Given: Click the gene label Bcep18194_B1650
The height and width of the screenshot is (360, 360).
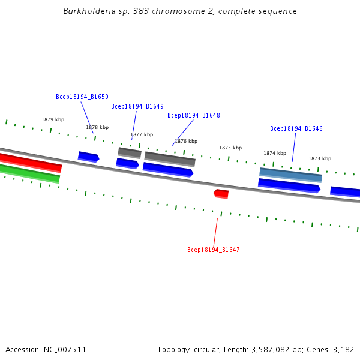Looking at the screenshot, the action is click(82, 97).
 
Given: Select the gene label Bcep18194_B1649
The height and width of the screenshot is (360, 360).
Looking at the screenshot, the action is click(137, 107).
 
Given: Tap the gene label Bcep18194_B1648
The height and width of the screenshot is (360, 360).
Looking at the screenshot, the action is click(194, 115).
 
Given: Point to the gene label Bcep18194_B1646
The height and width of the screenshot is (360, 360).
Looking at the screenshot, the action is click(296, 129).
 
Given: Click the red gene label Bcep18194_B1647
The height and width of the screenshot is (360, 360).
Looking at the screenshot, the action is click(214, 250).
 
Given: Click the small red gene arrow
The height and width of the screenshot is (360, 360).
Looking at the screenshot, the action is click(221, 193).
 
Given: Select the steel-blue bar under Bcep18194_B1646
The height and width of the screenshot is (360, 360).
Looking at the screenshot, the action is click(291, 175).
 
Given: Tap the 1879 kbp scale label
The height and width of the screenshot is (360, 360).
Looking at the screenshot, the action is click(53, 119).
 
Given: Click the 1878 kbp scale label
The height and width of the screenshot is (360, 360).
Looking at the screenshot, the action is click(97, 127).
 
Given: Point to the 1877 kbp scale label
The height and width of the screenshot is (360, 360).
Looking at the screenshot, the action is click(142, 134).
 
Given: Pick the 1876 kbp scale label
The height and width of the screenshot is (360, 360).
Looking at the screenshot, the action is click(186, 141).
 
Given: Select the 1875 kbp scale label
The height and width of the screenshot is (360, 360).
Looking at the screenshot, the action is click(230, 148).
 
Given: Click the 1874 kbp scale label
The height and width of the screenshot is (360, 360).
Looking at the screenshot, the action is click(275, 153).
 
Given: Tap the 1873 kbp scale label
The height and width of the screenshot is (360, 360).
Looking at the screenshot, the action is click(320, 158).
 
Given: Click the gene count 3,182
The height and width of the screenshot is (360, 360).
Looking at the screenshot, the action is click(343, 349).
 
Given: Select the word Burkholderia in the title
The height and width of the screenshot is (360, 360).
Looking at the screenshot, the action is click(87, 11).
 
